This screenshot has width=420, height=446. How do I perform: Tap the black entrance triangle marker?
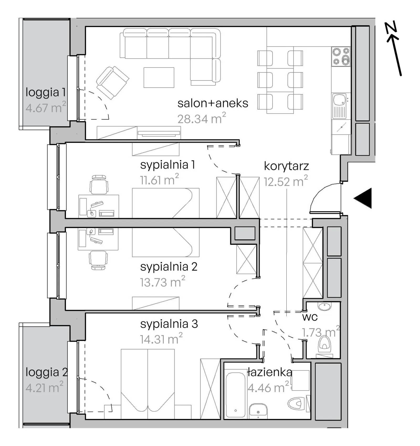pyautogui.click(x=363, y=198)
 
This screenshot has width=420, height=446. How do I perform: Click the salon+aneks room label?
pyautogui.click(x=213, y=103)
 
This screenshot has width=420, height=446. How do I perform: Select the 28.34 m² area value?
pyautogui.click(x=202, y=118)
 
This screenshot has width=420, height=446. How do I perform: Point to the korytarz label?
pyautogui.click(x=286, y=166)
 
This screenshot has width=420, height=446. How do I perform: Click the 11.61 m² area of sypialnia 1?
pyautogui.click(x=159, y=180)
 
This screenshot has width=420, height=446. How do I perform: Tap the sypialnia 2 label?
pyautogui.click(x=169, y=267)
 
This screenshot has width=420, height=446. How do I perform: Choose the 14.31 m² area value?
pyautogui.click(x=161, y=339)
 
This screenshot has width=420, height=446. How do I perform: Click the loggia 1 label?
pyautogui.click(x=45, y=92)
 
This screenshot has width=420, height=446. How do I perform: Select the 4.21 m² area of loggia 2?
pyautogui.click(x=44, y=387)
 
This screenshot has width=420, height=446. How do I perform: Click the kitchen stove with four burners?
pyautogui.click(x=341, y=57)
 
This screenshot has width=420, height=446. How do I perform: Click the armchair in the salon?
pyautogui.click(x=112, y=82)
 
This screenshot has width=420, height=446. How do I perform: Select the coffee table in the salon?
pyautogui.click(x=159, y=78)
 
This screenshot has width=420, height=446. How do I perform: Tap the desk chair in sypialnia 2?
pyautogui.click(x=98, y=260)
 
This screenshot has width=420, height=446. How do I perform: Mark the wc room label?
pyautogui.click(x=310, y=317)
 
